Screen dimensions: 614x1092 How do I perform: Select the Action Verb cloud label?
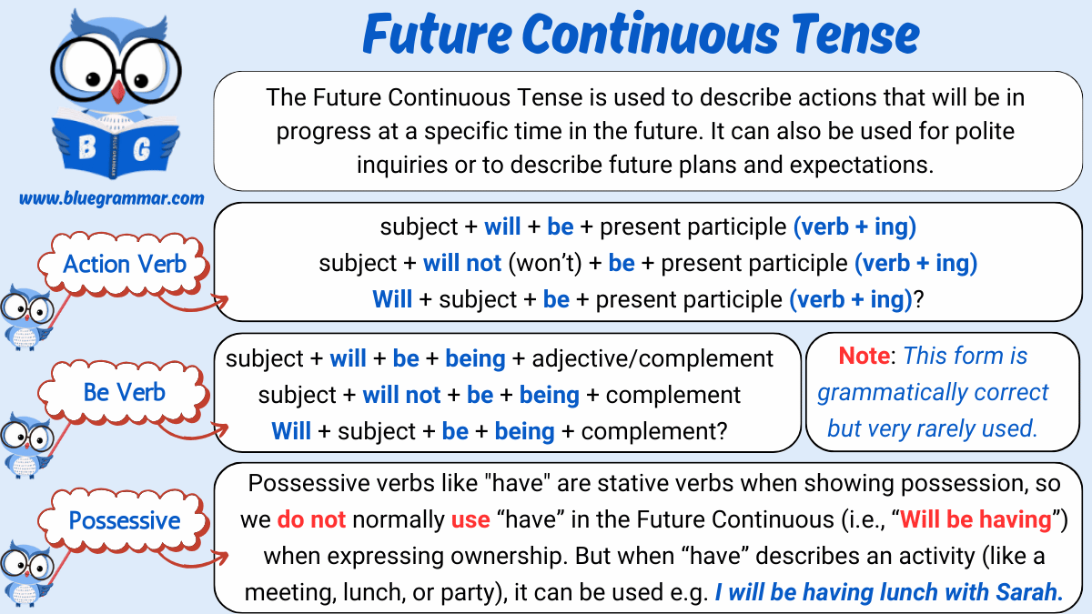tap(125, 265)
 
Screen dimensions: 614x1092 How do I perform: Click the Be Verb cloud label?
tap(125, 392)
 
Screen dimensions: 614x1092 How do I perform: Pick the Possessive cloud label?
tap(125, 521)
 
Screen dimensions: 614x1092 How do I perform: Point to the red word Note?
tap(864, 356)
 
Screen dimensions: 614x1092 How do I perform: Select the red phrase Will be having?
tap(976, 519)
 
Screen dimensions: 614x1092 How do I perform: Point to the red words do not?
tap(311, 519)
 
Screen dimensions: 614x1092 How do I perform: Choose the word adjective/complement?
tap(652, 358)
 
